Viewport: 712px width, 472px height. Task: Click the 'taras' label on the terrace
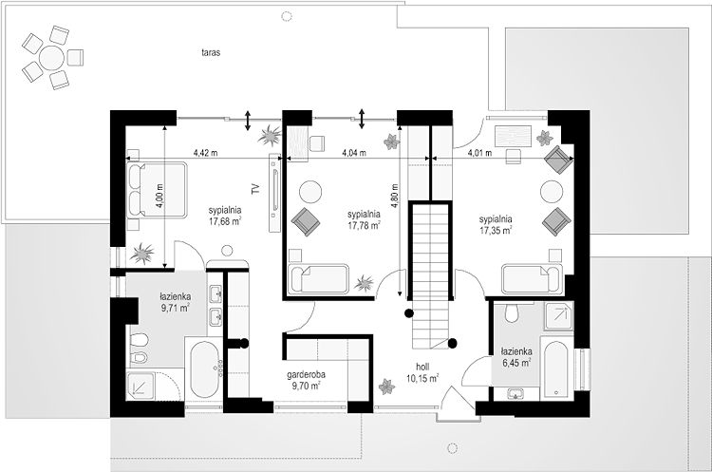coord(211,52)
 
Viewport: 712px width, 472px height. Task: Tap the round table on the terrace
coord(52,58)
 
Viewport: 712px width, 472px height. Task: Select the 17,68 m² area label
coord(225,221)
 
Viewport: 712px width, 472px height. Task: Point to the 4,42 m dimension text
coord(205,153)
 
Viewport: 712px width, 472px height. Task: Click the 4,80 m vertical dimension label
coord(395,196)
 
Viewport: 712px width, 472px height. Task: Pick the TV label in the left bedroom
coord(255,189)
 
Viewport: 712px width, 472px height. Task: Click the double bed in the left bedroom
coord(157,189)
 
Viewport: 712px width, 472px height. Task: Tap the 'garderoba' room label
coord(306,375)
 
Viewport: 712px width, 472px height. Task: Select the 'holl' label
coord(422,367)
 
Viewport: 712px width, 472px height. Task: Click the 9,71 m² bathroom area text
coord(176,308)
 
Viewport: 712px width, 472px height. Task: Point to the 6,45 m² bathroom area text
coord(517,363)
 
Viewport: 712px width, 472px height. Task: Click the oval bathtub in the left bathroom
coord(205,369)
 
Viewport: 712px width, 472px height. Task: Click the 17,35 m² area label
coord(496,230)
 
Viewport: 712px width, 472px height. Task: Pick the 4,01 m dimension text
coord(479,153)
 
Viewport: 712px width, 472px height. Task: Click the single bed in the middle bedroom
coord(318,278)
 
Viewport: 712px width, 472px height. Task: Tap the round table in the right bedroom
coord(552,191)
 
